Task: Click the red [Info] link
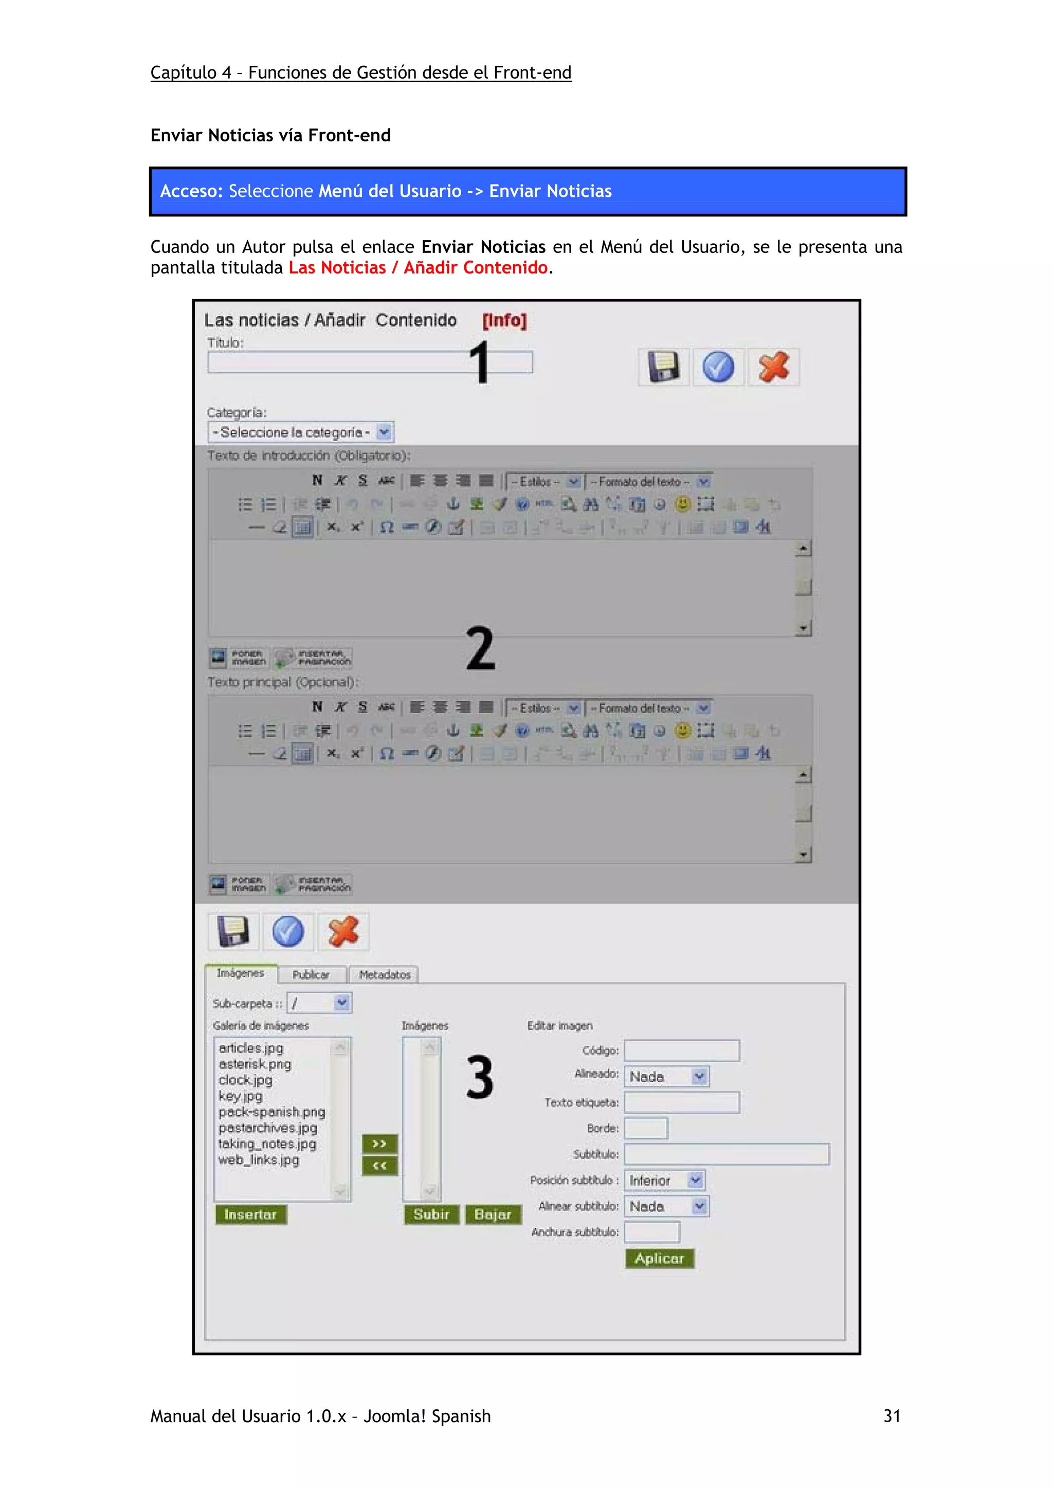504,321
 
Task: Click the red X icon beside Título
773,367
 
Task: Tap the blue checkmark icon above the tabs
288,932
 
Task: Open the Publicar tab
311,975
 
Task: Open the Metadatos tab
385,975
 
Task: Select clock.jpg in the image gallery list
245,1080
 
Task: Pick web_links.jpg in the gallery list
259,1160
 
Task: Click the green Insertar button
250,1214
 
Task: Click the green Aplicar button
659,1258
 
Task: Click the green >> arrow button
379,1143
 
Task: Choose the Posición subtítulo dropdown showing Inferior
664,1180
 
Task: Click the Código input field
681,1050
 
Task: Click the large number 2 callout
480,648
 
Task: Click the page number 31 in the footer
892,1416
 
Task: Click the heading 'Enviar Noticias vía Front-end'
270,136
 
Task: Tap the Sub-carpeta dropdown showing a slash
319,1003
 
